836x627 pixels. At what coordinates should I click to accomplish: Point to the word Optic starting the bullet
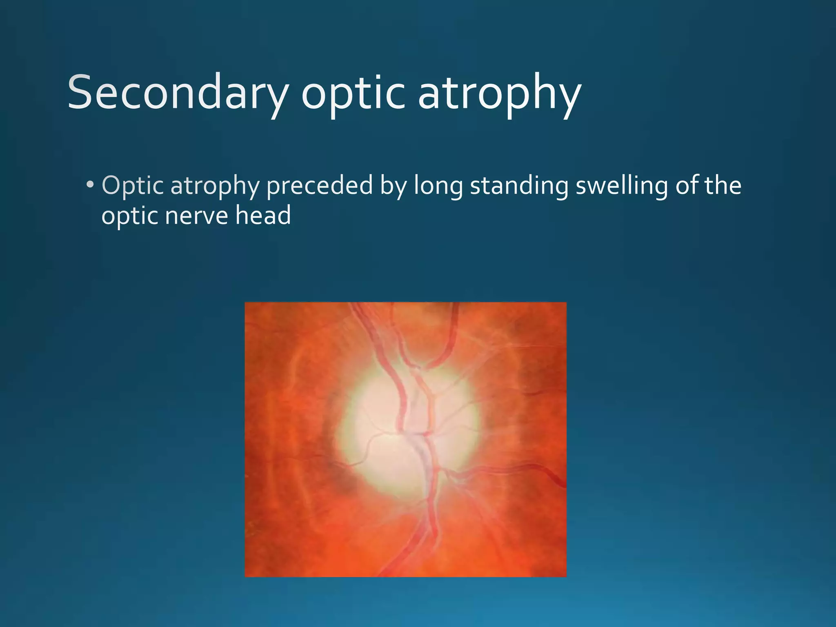[x=132, y=186]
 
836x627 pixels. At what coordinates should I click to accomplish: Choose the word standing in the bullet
[x=518, y=186]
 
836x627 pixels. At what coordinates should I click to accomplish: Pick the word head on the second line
[x=263, y=215]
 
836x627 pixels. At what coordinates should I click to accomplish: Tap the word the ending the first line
[x=723, y=185]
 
